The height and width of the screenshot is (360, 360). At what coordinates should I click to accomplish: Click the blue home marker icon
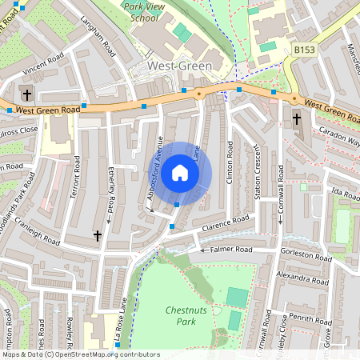(x=180, y=172)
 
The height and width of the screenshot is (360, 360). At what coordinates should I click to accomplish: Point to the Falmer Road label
(x=231, y=250)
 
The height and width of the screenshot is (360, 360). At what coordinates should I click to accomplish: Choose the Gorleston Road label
(x=305, y=257)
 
